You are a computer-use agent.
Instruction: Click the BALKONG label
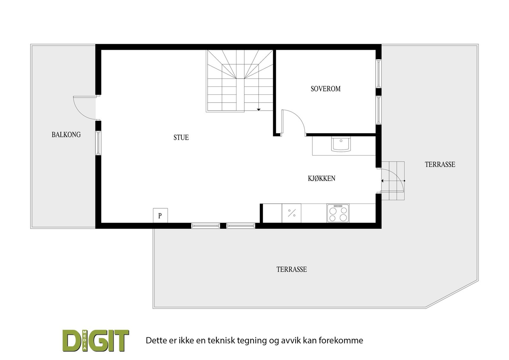tap(66, 135)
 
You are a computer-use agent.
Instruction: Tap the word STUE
tap(181, 137)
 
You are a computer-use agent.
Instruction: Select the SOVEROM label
tap(325, 89)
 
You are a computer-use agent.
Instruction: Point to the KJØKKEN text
tap(321, 178)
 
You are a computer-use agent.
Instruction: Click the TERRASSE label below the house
tap(291, 269)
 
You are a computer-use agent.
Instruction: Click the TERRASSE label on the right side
tap(440, 164)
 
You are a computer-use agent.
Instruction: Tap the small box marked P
tap(160, 216)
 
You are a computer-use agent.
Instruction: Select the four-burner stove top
tap(338, 213)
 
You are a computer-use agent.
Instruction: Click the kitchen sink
tap(341, 144)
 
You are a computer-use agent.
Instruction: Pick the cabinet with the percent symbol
tap(291, 213)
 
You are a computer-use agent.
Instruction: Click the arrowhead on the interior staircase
tap(259, 109)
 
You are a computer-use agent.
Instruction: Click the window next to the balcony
tap(98, 143)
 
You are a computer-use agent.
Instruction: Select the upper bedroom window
tap(378, 73)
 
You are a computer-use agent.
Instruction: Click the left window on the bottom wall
tap(205, 225)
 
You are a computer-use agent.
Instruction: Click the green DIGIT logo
tap(95, 340)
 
